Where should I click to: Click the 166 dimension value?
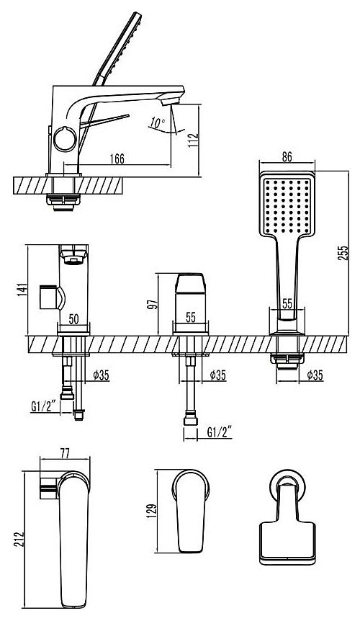pyautogui.click(x=117, y=158)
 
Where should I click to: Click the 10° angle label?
pyautogui.click(x=158, y=122)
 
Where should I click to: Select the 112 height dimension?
pyautogui.click(x=193, y=140)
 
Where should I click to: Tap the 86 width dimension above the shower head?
pyautogui.click(x=287, y=156)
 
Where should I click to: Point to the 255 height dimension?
pyautogui.click(x=343, y=253)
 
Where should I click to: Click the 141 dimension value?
pyautogui.click(x=22, y=290)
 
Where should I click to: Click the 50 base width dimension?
pyautogui.click(x=73, y=319)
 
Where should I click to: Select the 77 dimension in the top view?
pyautogui.click(x=65, y=453)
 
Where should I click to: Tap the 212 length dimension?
pyautogui.click(x=19, y=540)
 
